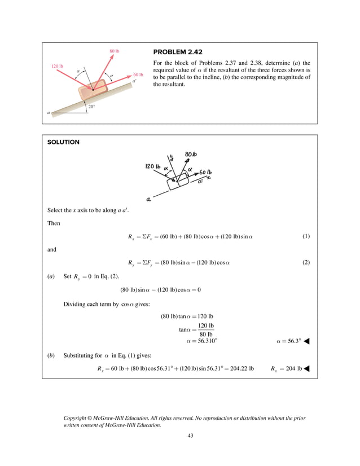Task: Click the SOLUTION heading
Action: [63, 143]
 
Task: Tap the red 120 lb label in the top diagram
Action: [57, 67]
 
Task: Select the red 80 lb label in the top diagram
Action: [114, 51]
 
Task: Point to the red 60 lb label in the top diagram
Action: [138, 74]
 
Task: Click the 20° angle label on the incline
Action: [91, 106]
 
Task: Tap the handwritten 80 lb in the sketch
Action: [191, 155]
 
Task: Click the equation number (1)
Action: [306, 235]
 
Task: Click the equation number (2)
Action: [306, 262]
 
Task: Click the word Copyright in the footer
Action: [77, 417]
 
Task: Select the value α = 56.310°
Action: [201, 341]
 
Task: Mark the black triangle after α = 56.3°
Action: [308, 341]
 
